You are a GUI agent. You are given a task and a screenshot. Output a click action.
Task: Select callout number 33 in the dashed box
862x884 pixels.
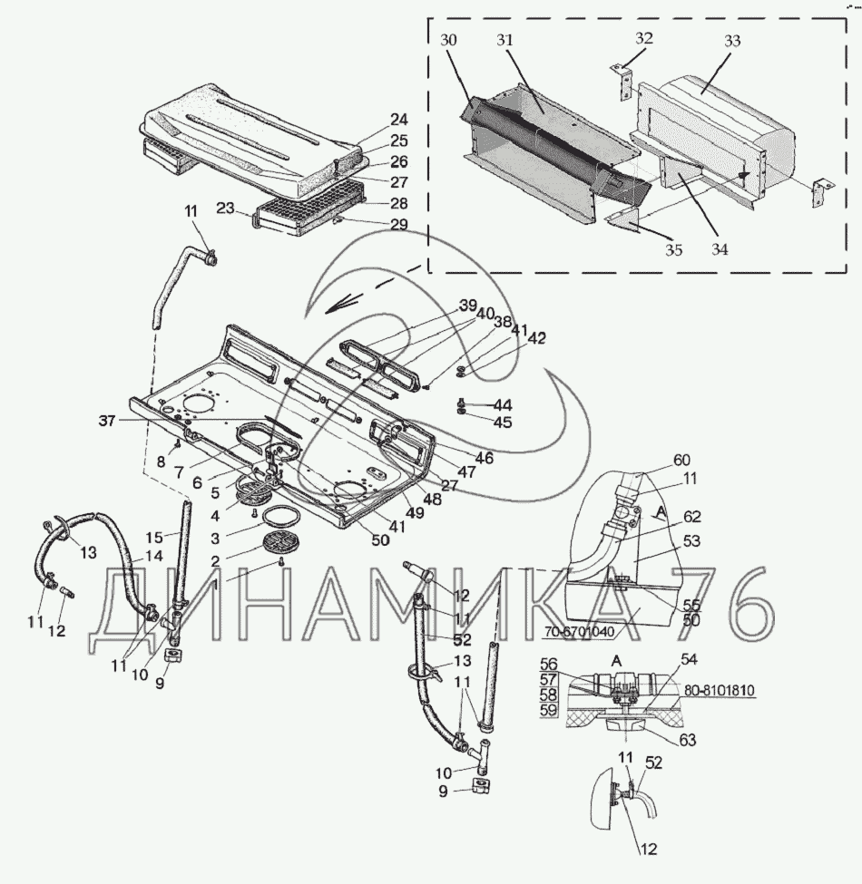click(732, 41)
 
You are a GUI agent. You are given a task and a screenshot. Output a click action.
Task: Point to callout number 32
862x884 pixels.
click(643, 39)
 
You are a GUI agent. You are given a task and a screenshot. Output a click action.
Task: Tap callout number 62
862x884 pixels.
click(691, 519)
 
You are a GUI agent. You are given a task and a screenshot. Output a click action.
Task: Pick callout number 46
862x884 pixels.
click(484, 459)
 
